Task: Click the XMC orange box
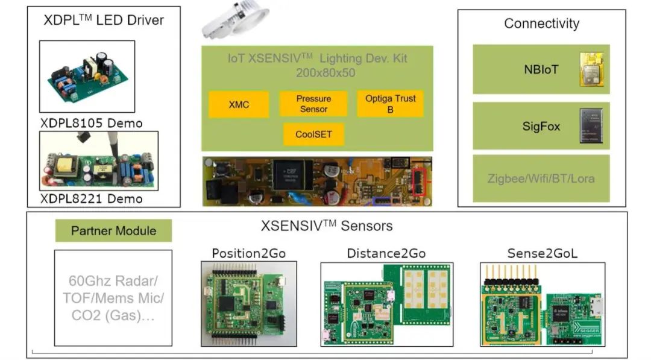[x=239, y=104]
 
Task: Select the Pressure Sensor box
[x=313, y=104]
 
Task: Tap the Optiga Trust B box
[x=390, y=104]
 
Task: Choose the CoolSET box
[x=313, y=134]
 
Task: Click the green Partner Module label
[x=113, y=230]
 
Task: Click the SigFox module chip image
[x=591, y=125]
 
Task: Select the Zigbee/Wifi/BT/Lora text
[x=541, y=178]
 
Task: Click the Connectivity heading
[x=541, y=24]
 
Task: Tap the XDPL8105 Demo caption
[x=92, y=124]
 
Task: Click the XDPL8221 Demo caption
[x=92, y=198]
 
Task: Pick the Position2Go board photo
[x=248, y=304]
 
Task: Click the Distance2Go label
[x=385, y=253]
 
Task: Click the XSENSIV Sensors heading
[x=326, y=226]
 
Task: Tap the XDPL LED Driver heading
[x=104, y=20]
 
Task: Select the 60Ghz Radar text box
[x=113, y=298]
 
